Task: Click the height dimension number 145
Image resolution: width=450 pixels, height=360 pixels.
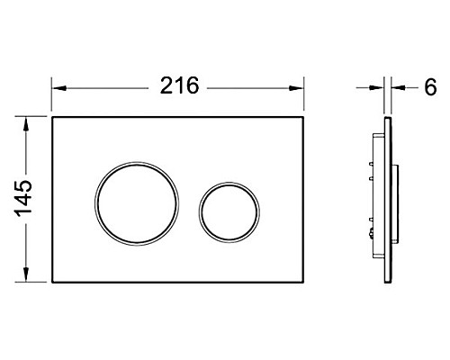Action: [x=25, y=197]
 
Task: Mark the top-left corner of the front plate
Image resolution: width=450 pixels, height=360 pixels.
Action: [x=52, y=115]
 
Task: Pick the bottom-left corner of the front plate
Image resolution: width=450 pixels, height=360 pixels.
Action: [x=52, y=280]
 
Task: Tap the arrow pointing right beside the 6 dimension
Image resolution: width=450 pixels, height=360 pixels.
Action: [x=379, y=88]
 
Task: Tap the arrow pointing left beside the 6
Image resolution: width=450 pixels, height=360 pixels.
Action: [x=398, y=88]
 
